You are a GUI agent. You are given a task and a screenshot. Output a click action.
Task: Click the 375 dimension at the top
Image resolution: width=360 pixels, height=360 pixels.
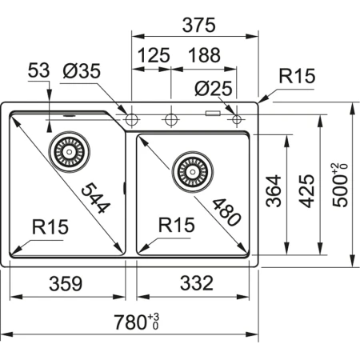[x=198, y=25]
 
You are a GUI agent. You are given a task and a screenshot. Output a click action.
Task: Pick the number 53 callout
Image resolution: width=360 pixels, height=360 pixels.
[x=38, y=71]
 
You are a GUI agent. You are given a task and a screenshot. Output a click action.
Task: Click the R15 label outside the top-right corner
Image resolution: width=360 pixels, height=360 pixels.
[x=297, y=77]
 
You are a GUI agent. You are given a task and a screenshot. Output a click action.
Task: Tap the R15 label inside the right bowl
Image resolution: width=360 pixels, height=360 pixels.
[x=176, y=227]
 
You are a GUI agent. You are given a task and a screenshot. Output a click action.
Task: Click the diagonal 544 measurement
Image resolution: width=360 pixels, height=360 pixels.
[x=95, y=194]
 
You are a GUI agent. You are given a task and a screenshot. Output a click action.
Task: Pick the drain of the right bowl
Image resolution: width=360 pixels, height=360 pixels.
[x=190, y=169]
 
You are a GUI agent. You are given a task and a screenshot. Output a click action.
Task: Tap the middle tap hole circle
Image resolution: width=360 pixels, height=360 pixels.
[x=170, y=120]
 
